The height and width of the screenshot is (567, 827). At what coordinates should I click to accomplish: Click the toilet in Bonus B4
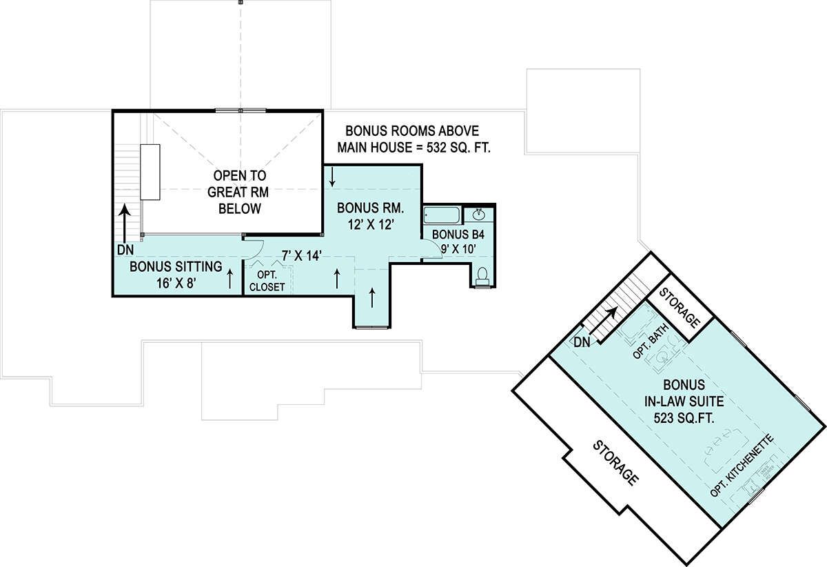(482, 277)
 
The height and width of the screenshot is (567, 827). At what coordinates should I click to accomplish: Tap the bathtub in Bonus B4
(442, 215)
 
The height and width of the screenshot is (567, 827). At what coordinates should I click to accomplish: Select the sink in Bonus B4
(479, 214)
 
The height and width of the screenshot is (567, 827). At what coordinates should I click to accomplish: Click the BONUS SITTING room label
(176, 266)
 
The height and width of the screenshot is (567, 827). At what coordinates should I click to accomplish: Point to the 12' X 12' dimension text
(371, 224)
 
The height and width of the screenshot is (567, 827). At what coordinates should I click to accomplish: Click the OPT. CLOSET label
(267, 281)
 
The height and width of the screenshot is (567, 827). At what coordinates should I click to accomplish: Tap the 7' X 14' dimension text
(302, 255)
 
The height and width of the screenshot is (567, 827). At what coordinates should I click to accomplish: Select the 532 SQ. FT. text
(458, 148)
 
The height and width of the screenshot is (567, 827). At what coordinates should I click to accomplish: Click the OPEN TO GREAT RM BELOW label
(238, 192)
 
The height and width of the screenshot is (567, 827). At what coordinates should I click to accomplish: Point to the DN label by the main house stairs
(125, 250)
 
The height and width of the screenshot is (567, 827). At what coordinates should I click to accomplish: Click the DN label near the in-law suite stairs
(582, 343)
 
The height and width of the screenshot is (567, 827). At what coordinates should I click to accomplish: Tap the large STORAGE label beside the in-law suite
(615, 463)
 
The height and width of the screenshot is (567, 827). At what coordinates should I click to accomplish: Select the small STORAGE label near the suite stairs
(680, 308)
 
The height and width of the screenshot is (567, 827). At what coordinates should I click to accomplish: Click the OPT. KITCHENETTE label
(742, 466)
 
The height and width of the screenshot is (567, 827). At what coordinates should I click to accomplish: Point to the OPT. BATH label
(651, 341)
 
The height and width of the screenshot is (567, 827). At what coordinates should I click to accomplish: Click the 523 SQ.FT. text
(684, 419)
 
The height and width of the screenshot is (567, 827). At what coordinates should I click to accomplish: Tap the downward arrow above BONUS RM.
(332, 177)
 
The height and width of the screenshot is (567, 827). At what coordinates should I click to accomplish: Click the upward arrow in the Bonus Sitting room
(229, 279)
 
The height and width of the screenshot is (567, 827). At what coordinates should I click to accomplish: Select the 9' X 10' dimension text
(458, 249)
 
